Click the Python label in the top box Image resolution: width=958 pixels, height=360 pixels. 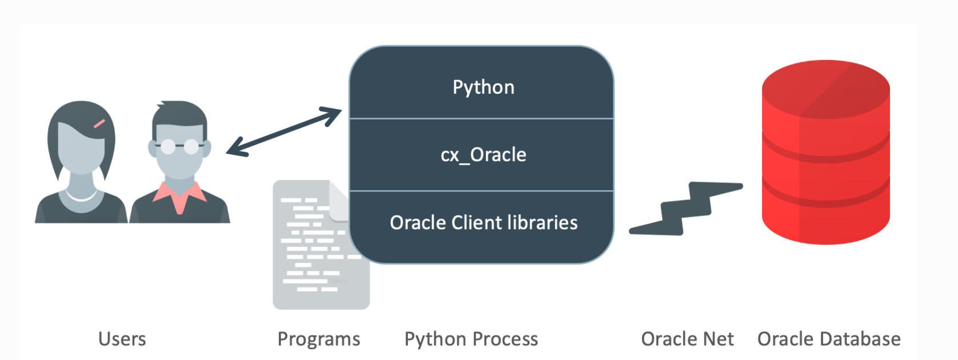[483, 87]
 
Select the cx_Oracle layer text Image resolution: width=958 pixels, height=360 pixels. [483, 155]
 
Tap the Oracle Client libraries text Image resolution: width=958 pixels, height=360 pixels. [483, 222]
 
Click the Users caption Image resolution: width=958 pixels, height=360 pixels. [122, 339]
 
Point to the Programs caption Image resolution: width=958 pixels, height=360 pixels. [319, 339]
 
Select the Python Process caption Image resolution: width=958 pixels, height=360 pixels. [471, 339]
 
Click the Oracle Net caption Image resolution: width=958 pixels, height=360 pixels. [687, 339]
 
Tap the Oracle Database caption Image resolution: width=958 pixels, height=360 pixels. [829, 339]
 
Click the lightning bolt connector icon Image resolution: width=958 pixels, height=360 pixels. [686, 209]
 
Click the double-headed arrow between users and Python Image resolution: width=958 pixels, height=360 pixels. [284, 131]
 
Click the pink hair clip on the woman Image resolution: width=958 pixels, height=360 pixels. [99, 123]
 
